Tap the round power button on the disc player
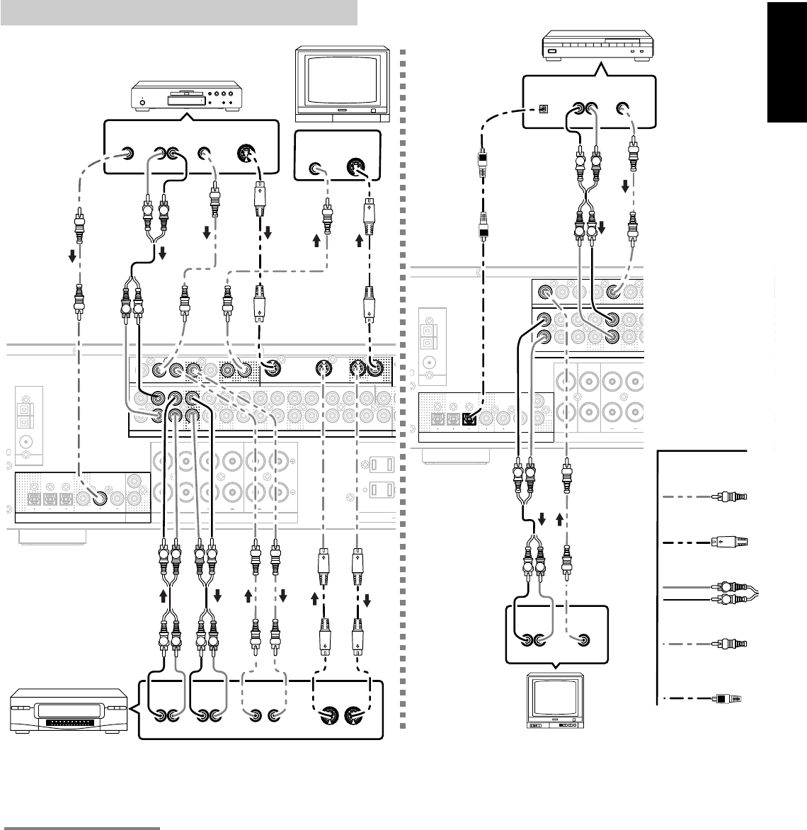tap(142, 103)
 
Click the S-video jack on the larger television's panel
tap(355, 169)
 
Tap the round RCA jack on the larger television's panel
tap(316, 169)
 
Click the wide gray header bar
tap(179, 12)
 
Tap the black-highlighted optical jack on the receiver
tap(469, 418)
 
